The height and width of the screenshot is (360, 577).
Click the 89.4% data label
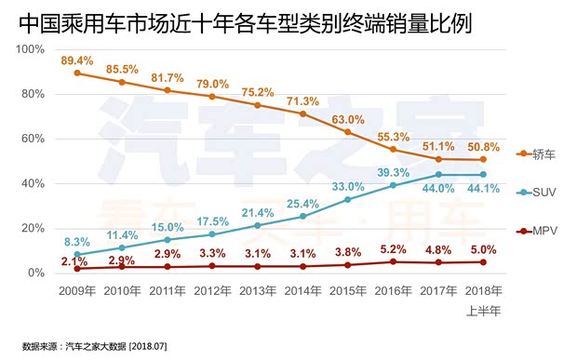click(77, 60)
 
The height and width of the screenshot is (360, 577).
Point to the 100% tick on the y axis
click(33, 49)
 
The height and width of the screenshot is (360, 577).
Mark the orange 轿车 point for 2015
click(348, 132)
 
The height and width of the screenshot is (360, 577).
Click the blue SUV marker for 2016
click(393, 185)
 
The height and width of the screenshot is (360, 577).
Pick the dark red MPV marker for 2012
click(212, 266)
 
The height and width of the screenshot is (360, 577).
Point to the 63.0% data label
click(348, 119)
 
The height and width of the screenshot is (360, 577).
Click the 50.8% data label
click(483, 146)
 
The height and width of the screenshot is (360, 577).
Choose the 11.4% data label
click(122, 234)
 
